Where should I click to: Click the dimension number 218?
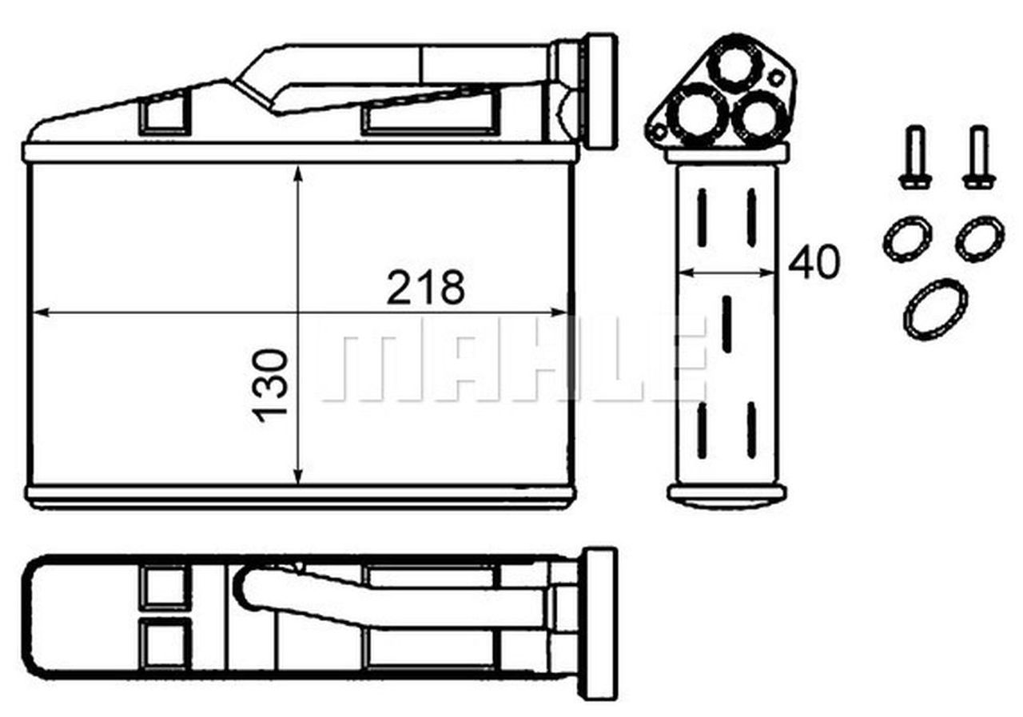425,288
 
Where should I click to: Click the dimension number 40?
814,263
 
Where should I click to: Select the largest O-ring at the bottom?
935,309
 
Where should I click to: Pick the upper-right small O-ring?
980,238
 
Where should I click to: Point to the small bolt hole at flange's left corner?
659,130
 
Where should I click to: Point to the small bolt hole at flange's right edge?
775,78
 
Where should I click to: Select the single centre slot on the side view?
726,324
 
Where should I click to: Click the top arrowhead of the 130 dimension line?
298,173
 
